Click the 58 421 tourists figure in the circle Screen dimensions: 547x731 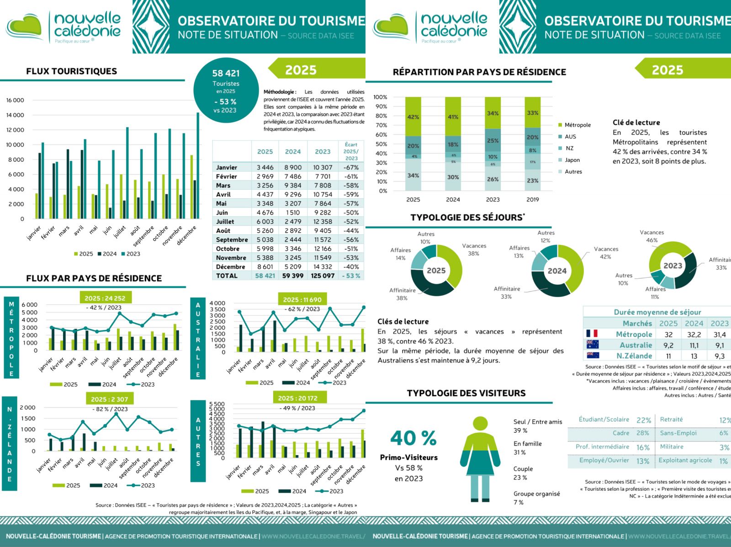tap(226, 73)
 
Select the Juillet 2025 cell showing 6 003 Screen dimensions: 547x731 tap(265, 222)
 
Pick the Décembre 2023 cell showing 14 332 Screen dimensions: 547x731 tap(323, 267)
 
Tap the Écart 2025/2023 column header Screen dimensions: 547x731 tap(351, 151)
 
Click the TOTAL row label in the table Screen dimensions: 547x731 tap(227, 276)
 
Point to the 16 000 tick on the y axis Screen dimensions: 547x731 tap(15, 100)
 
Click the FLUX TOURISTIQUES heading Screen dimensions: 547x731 tap(72, 71)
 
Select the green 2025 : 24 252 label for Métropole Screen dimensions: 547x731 tap(105, 298)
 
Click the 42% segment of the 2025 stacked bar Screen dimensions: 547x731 tap(413, 117)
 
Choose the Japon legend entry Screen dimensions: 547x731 tap(572, 160)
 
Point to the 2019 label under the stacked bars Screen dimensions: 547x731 tap(533, 200)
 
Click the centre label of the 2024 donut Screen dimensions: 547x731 tap(557, 271)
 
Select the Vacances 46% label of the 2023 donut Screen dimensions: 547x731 tap(652, 236)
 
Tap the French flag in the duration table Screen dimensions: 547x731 tap(592, 334)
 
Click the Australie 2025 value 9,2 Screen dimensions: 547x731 tap(668, 345)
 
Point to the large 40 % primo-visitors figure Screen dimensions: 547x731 tap(413, 438)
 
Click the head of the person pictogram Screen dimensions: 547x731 tap(480, 423)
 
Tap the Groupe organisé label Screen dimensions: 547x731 tap(536, 494)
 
